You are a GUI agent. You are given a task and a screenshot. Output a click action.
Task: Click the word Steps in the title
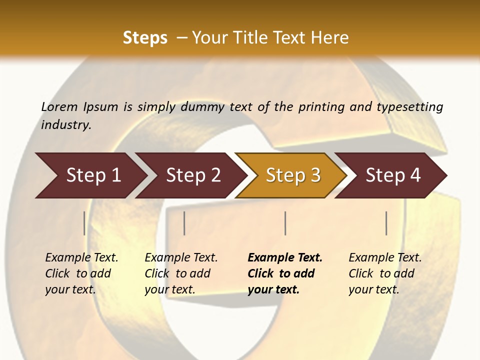145,38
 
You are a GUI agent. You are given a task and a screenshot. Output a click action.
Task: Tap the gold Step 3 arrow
293,175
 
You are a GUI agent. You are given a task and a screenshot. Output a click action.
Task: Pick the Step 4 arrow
393,175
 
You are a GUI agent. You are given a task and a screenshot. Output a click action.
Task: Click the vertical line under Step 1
84,223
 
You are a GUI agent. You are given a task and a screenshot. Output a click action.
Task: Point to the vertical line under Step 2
184,223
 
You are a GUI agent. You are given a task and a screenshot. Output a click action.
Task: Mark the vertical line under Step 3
285,223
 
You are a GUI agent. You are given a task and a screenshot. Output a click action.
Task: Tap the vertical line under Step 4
386,223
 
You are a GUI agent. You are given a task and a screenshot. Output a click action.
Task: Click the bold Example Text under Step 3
285,258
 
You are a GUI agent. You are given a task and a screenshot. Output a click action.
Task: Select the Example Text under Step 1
81,258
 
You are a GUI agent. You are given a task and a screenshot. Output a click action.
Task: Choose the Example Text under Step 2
181,258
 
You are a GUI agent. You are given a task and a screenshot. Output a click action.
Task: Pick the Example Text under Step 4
385,258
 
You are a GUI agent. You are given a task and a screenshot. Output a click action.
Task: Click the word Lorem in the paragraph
59,107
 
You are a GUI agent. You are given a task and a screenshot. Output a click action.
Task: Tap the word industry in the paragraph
66,125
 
